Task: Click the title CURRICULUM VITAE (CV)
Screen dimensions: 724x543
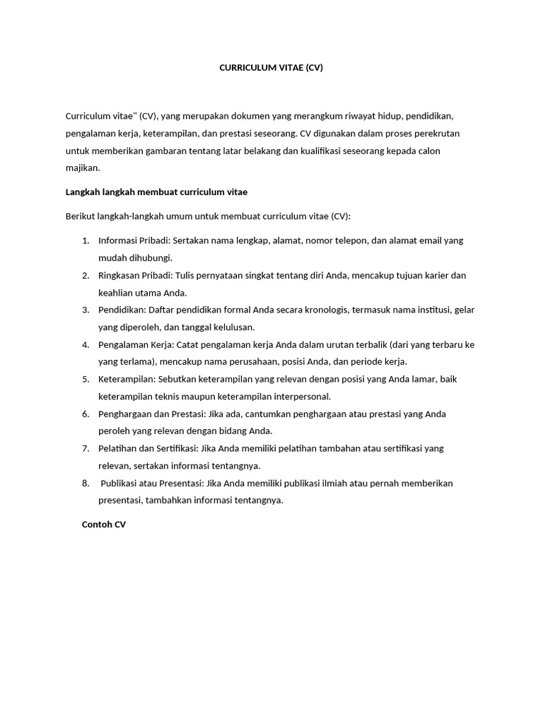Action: (271, 69)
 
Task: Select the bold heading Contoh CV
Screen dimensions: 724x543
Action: (104, 525)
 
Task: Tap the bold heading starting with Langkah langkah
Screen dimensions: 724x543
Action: (156, 192)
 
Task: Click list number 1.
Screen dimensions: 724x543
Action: (85, 240)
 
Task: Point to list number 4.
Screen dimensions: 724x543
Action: (85, 344)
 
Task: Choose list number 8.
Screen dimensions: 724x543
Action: (85, 483)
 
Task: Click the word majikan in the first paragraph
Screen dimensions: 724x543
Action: (82, 168)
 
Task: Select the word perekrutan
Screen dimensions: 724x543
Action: (440, 134)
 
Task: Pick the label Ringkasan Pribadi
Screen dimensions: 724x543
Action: (134, 275)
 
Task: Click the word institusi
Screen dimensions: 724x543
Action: (426, 310)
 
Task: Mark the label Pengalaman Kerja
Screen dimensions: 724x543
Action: (132, 344)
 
